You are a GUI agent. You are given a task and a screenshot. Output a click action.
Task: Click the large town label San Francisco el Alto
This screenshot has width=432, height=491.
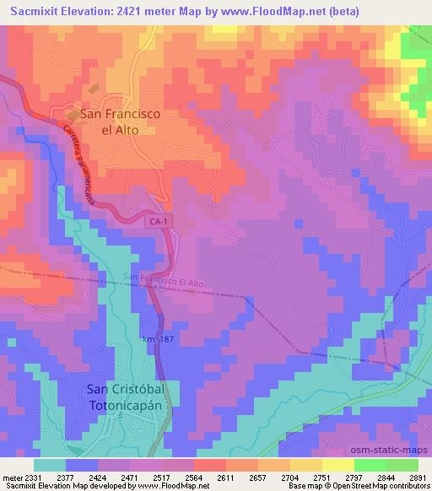pos(120,121)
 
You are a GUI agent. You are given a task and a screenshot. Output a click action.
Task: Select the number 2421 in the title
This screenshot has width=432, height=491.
pos(133,11)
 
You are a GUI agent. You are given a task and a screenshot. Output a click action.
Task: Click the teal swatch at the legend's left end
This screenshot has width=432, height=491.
pos(51,464)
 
